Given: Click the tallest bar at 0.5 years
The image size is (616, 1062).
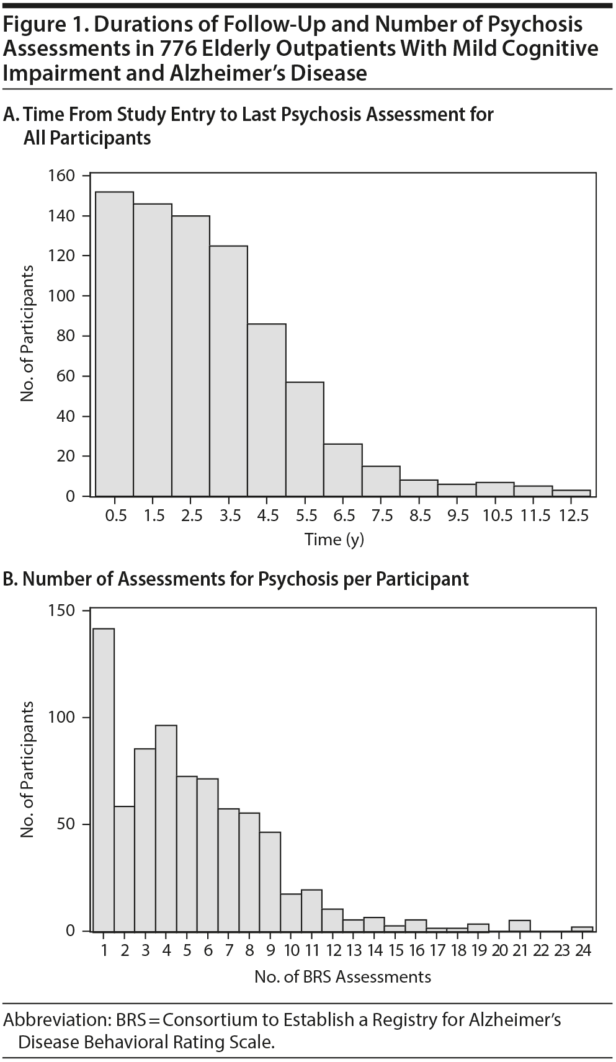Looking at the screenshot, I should click(x=115, y=344).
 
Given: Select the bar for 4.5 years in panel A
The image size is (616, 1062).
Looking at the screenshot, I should click(x=267, y=409).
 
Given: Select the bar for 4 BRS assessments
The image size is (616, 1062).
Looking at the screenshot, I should click(x=166, y=828).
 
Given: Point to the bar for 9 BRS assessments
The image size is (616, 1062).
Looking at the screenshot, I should click(x=270, y=881).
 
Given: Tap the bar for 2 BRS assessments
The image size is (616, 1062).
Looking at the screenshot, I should click(x=125, y=868).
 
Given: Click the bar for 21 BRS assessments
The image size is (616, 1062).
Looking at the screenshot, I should click(x=520, y=926).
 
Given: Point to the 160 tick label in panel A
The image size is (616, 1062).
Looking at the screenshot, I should click(x=61, y=176).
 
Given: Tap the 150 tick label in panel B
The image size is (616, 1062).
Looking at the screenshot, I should click(x=61, y=611).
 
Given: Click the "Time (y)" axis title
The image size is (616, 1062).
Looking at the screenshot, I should click(x=334, y=540).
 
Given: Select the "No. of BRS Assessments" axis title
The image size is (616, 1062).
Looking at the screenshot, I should click(x=342, y=977).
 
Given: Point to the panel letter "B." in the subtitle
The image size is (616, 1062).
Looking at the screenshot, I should click(x=12, y=579).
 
